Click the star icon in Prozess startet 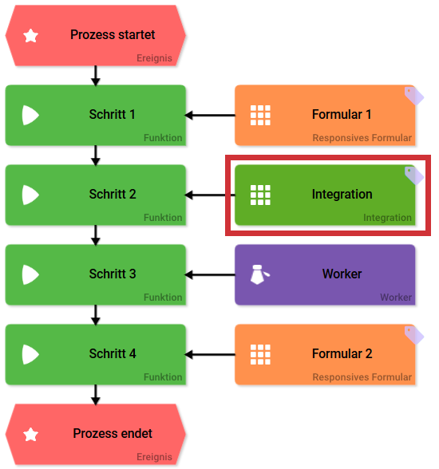pos(31,36)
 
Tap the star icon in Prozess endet pos(31,435)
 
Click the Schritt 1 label pos(113,115)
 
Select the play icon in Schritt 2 pos(30,195)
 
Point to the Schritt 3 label pos(113,274)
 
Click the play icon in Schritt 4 pos(30,354)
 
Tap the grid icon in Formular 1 pos(260,115)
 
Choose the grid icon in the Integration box pos(260,195)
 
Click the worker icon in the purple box pos(259,274)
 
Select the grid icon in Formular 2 pos(260,354)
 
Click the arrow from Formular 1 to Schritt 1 pos(210,116)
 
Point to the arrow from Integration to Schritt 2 pos(209,195)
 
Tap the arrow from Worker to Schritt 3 pos(210,275)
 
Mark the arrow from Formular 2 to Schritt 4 pos(210,355)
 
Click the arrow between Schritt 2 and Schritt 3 pos(96,235)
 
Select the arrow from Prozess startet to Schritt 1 pos(96,75)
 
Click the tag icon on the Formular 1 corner pos(413,95)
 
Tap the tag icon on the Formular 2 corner pos(413,334)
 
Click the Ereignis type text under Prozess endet pos(153,457)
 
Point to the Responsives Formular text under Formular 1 pos(362,138)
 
